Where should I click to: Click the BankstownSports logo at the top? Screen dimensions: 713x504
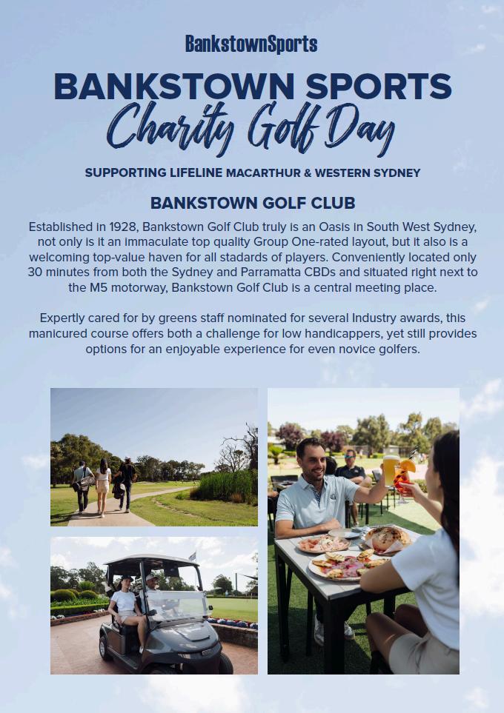251,44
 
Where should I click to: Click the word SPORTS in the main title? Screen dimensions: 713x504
379,87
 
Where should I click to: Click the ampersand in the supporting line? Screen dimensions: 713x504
306,173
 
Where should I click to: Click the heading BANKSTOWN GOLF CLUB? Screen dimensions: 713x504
252,203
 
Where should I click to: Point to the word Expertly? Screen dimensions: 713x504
64,318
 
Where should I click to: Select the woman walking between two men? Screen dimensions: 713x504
103,485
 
